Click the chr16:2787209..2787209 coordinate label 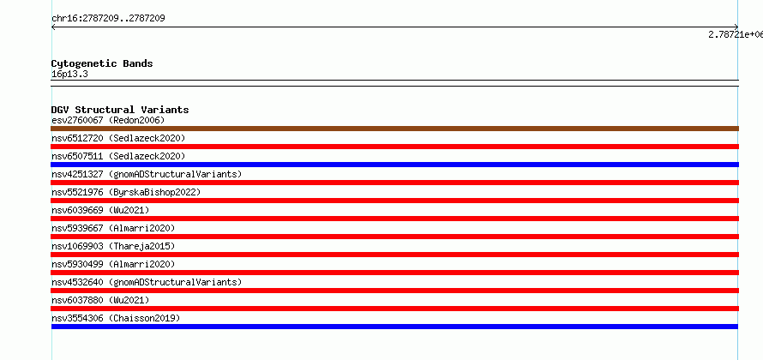click(108, 19)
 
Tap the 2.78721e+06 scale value click(736, 34)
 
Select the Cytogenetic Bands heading click(102, 63)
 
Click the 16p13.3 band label click(69, 75)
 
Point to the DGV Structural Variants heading click(120, 110)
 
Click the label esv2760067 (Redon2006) click(108, 120)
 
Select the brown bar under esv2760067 click(394, 129)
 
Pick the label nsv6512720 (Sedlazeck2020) click(118, 138)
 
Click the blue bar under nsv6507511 click(394, 165)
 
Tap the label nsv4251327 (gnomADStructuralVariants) click(147, 174)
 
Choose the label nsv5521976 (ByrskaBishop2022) click(126, 192)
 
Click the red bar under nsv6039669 click(394, 219)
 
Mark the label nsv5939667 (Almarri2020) click(113, 228)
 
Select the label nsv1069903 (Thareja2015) click(113, 246)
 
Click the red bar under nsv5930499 click(394, 273)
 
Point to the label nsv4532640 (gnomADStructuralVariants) click(147, 282)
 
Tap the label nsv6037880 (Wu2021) click(100, 300)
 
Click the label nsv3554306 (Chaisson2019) click(116, 318)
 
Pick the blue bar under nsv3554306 click(394, 327)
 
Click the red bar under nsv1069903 click(394, 255)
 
